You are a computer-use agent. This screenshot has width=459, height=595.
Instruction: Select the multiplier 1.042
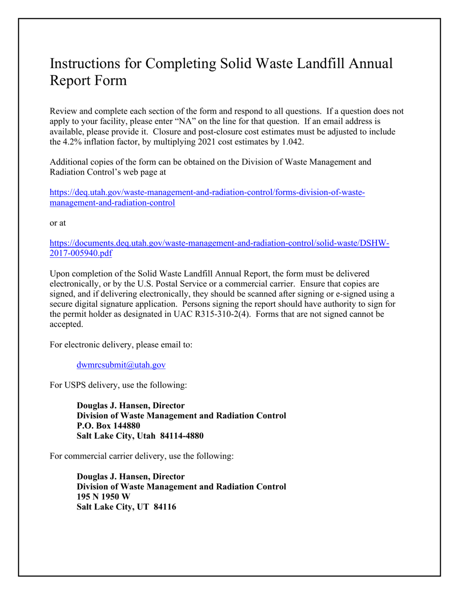coord(291,142)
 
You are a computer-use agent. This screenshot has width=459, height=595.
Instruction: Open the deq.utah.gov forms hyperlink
coord(207,193)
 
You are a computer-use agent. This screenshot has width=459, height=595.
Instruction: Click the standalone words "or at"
coord(58,223)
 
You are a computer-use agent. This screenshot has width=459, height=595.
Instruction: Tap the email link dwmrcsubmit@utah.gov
coord(121,365)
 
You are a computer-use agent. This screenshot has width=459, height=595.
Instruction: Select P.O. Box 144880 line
coord(109,426)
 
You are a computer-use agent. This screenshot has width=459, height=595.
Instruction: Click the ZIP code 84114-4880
coord(181,436)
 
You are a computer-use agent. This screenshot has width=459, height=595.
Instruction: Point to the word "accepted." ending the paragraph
coord(66,325)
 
